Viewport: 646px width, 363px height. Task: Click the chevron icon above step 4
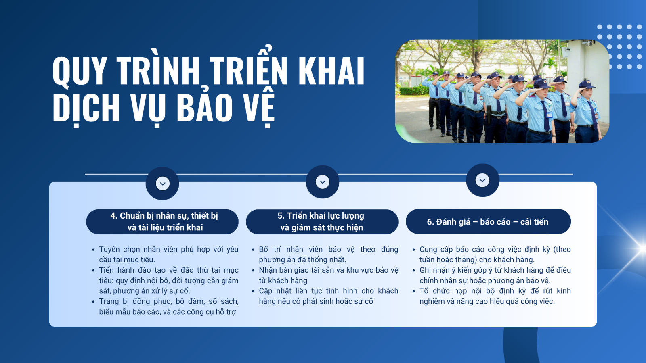[162, 184]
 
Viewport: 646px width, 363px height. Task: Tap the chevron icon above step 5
[323, 182]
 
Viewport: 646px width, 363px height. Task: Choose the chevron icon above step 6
[482, 180]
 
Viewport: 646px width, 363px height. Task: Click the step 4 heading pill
[162, 221]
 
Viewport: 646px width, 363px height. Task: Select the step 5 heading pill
[322, 221]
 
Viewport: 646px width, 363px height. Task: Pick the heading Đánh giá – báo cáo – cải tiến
[488, 222]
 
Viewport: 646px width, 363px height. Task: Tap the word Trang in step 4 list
[109, 302]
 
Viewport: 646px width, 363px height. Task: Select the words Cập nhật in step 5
[274, 291]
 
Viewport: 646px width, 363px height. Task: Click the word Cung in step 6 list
[428, 250]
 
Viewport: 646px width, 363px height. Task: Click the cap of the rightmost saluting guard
[586, 84]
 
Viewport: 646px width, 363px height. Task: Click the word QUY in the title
[79, 71]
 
